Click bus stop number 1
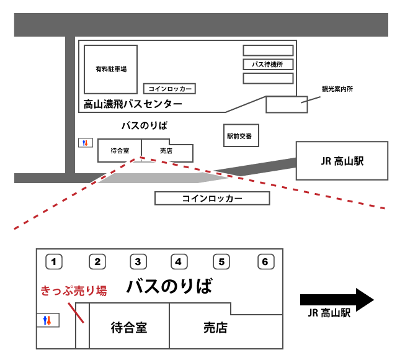tap(54, 262)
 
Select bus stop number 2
tap(97, 262)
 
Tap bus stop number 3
tap(138, 262)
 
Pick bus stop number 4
tap(179, 262)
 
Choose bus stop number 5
tap(221, 262)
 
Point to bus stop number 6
tap(266, 262)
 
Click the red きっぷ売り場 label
tap(74, 290)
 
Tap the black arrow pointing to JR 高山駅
tap(337, 300)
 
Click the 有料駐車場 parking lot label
tap(111, 69)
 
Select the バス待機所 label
tap(267, 65)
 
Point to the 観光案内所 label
tap(337, 89)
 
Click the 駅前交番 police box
tap(241, 136)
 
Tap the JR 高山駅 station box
tap(342, 161)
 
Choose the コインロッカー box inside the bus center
tap(169, 89)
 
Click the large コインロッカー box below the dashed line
tap(212, 198)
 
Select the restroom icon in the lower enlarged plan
tap(48, 320)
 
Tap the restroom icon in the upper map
tap(86, 143)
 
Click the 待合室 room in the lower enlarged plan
tap(129, 326)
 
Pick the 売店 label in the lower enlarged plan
tap(216, 328)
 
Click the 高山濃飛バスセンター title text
tap(133, 104)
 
